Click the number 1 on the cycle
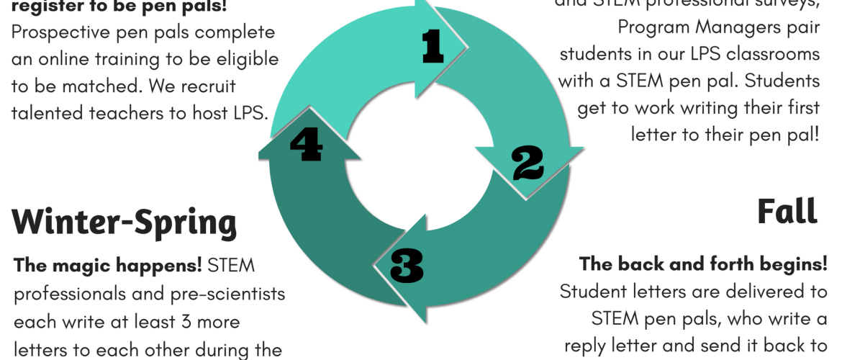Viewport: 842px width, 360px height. [433, 48]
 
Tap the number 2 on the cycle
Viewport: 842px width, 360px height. [528, 164]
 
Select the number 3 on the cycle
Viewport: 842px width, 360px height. [407, 265]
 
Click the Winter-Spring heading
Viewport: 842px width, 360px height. [124, 222]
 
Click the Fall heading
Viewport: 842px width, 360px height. [787, 212]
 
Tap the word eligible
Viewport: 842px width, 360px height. [237, 59]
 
